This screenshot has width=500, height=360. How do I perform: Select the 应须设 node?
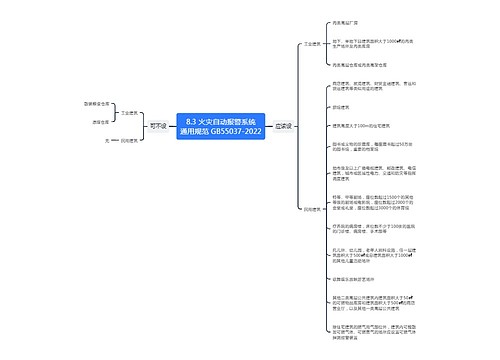283,126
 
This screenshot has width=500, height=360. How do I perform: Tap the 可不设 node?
157,126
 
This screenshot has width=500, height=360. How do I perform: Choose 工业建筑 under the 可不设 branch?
128,114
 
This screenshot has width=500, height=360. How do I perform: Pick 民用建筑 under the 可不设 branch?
128,139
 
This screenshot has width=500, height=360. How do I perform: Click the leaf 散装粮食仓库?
97,103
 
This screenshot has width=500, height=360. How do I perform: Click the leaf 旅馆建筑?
341,107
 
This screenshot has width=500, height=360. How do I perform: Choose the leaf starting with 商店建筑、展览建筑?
366,87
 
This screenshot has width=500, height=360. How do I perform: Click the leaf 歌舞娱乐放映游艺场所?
355,281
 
